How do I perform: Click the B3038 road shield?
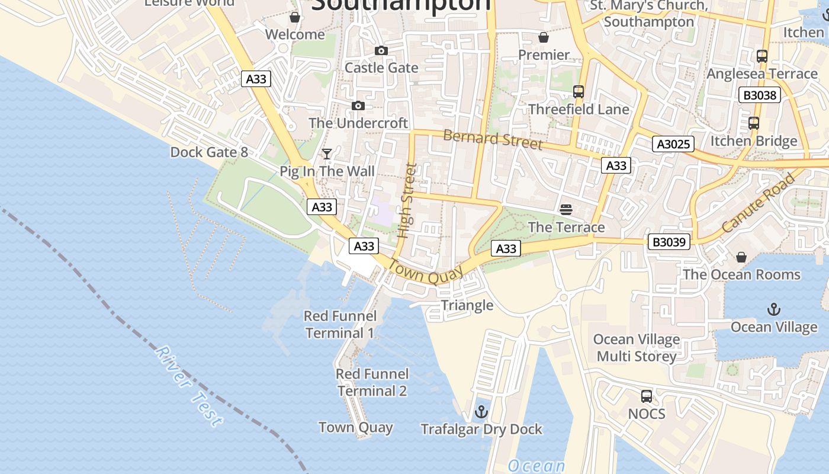[760, 95]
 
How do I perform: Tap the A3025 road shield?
[673, 143]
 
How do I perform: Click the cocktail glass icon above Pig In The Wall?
[326, 154]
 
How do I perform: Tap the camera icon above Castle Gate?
[381, 51]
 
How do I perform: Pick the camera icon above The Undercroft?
[358, 106]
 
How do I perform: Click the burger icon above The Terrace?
[566, 209]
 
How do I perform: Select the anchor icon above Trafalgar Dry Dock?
[481, 411]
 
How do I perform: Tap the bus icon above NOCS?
[647, 396]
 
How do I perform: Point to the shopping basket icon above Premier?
[543, 38]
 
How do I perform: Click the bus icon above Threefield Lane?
[579, 92]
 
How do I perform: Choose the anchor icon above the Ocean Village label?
[773, 309]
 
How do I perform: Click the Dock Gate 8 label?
[209, 152]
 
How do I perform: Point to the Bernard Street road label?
[493, 140]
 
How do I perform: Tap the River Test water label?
[189, 386]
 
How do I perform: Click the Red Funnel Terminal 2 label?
[372, 382]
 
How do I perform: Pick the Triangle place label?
[467, 305]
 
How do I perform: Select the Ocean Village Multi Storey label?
[637, 348]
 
